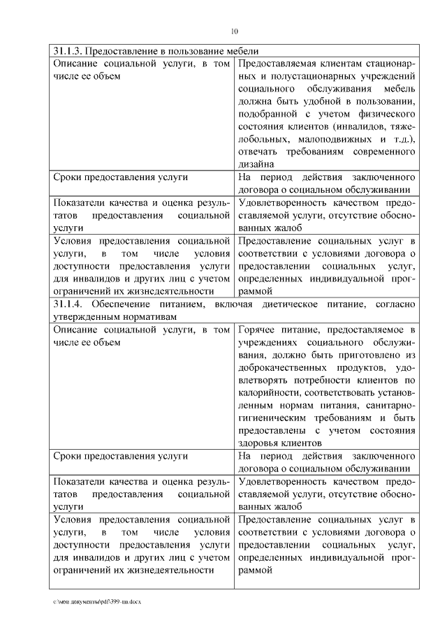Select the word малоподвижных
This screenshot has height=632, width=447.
[337, 139]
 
